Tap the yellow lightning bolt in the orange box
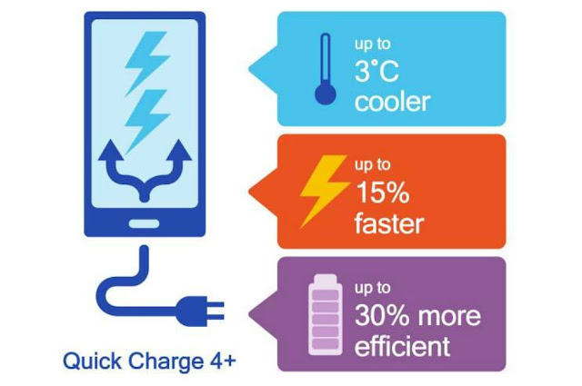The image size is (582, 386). (323, 189)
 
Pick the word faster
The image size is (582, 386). (390, 223)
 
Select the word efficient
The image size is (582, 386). (401, 346)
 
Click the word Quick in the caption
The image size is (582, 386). (88, 361)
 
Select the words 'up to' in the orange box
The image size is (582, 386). (372, 164)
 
